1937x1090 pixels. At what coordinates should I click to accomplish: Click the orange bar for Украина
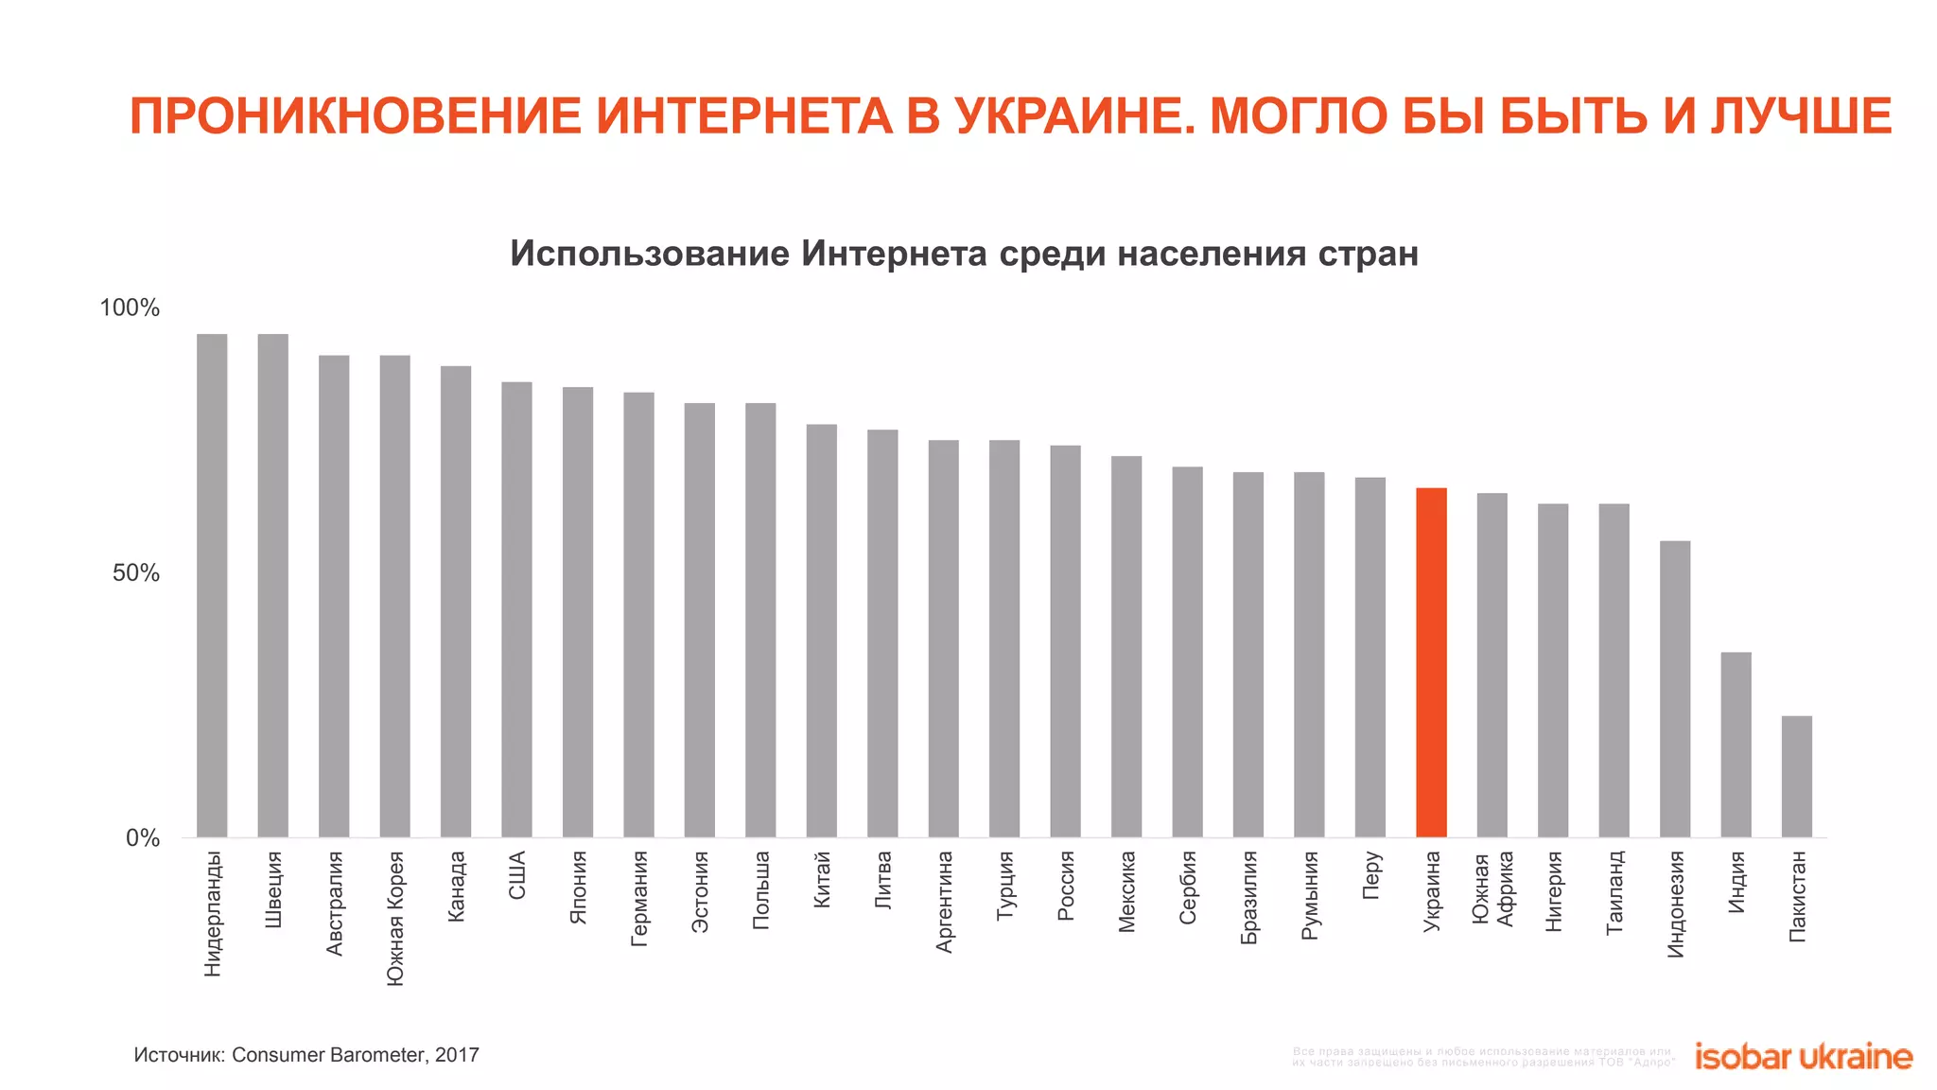pyautogui.click(x=1431, y=662)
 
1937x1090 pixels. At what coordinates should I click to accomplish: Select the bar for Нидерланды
pyautogui.click(x=212, y=586)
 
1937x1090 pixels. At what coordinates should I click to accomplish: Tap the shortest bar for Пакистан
pyautogui.click(x=1796, y=777)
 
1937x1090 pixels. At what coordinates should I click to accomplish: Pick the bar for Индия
pyautogui.click(x=1736, y=745)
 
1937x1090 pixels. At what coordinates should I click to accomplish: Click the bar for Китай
pyautogui.click(x=821, y=630)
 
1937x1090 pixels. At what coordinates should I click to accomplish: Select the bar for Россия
pyautogui.click(x=1065, y=641)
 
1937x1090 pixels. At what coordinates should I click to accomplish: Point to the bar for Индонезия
pyautogui.click(x=1675, y=689)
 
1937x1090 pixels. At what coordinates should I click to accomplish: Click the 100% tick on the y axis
pyautogui.click(x=130, y=308)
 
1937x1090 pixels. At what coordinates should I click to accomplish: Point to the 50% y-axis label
pyautogui.click(x=136, y=573)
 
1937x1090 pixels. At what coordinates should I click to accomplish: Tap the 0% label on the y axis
pyautogui.click(x=143, y=838)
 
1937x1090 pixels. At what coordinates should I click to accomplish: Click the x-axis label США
pyautogui.click(x=516, y=875)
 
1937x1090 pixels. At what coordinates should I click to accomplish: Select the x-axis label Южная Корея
pyautogui.click(x=395, y=919)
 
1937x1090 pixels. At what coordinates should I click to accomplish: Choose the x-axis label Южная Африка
pyautogui.click(x=1493, y=889)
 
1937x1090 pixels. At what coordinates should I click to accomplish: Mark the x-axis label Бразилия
pyautogui.click(x=1248, y=897)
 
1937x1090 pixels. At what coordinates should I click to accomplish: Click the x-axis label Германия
pyautogui.click(x=639, y=898)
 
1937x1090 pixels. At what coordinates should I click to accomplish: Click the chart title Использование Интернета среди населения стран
pyautogui.click(x=964, y=254)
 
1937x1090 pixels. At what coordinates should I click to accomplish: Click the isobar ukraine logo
pyautogui.click(x=1803, y=1057)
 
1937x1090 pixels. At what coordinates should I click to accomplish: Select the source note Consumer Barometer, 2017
pyautogui.click(x=355, y=1055)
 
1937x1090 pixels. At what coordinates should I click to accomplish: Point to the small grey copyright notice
pyautogui.click(x=1482, y=1057)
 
